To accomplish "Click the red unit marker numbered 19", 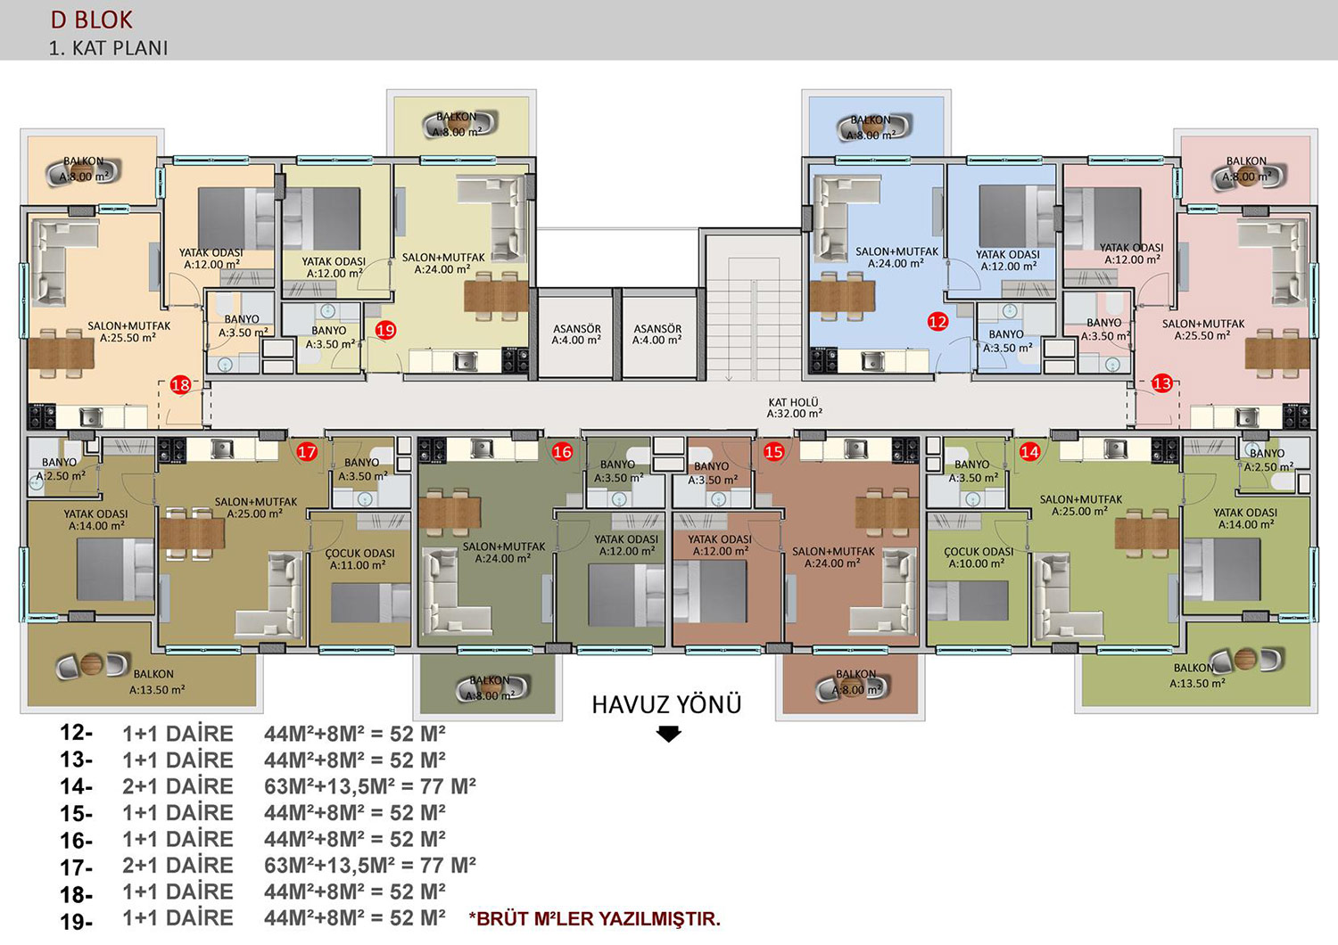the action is tap(386, 330).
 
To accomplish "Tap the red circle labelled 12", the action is tap(937, 322).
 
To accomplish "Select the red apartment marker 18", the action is tap(180, 385).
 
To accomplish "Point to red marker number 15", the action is tap(773, 452).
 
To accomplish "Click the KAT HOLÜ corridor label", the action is tap(794, 407).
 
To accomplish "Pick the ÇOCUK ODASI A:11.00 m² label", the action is tap(359, 559).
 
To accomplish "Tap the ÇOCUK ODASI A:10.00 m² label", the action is tap(979, 557).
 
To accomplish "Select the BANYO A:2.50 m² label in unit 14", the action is tap(1268, 460).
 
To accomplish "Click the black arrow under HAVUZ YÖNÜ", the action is tap(668, 734).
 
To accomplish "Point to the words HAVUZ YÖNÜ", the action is tap(666, 704).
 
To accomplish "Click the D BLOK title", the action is tap(91, 21).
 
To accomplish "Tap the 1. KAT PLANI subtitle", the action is tap(108, 48).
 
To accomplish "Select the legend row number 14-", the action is tap(76, 787).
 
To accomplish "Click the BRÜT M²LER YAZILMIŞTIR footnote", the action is tap(595, 919).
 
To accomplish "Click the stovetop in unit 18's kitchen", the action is tap(42, 416).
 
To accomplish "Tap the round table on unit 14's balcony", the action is tap(1245, 659).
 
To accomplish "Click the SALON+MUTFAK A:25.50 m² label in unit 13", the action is tap(1203, 330).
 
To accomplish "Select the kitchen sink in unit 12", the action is tap(872, 361).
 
